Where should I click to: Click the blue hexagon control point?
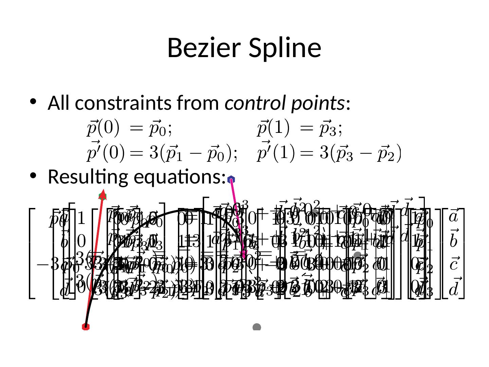pyautogui.click(x=231, y=179)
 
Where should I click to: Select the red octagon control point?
pyautogui.click(x=86, y=327)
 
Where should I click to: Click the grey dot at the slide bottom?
pyautogui.click(x=257, y=327)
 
